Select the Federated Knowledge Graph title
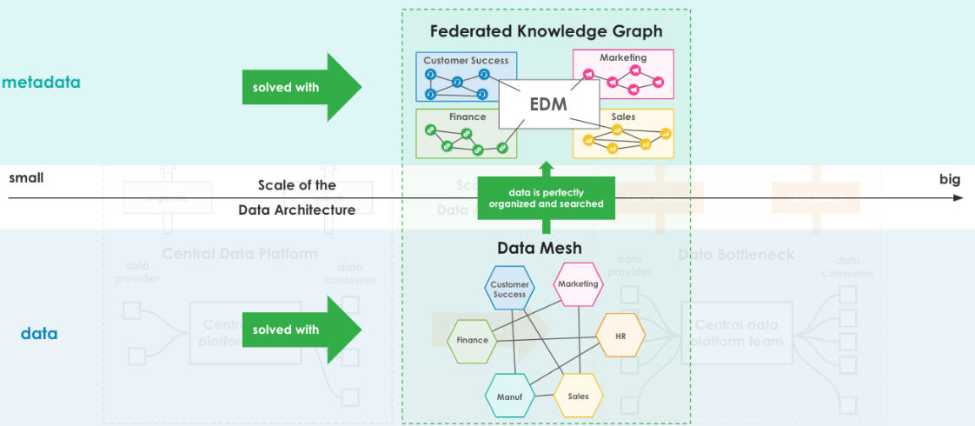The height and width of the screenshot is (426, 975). pos(546,31)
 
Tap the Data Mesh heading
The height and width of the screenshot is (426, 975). pos(539,249)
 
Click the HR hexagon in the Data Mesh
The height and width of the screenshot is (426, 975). pos(620,336)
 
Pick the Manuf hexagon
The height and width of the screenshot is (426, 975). pos(508,396)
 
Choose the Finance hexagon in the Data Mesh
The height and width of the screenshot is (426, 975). pos(472,340)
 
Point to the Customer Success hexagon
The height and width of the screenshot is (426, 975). pos(509,289)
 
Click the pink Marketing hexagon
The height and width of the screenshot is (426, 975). pos(578,285)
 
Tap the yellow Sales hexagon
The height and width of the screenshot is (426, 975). pos(578,396)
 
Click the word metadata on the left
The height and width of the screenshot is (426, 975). pos(41,83)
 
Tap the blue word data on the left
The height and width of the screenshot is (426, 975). pos(39,333)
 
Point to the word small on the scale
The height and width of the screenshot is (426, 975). pos(26,178)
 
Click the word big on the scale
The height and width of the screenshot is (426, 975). pos(949,180)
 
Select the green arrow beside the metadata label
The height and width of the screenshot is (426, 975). pos(301,87)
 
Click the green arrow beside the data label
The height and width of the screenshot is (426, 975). pos(301,329)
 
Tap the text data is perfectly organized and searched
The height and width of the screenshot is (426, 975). pos(546,198)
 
